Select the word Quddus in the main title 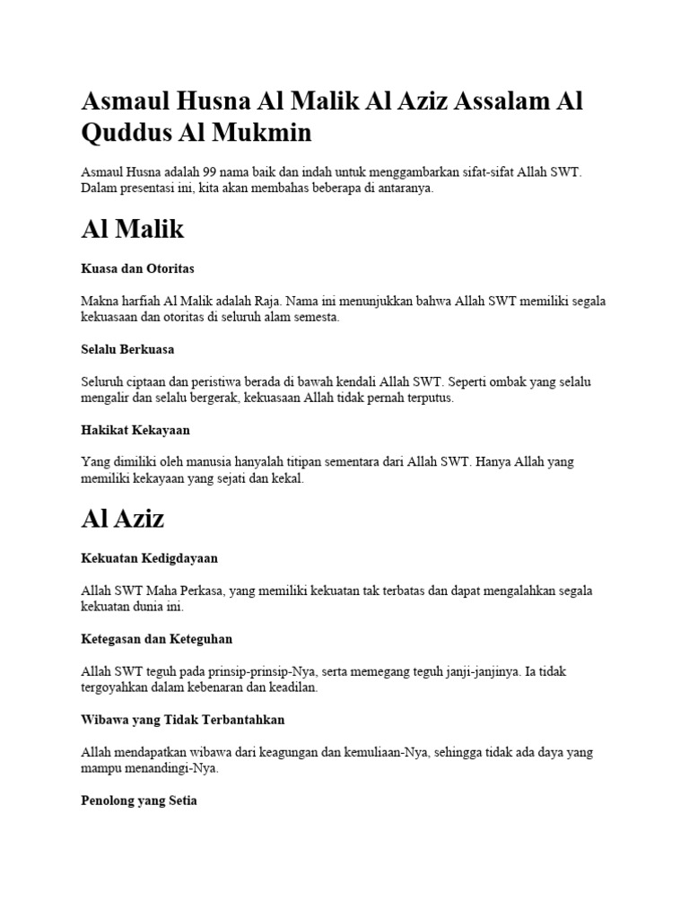coord(123,133)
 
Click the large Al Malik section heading coord(132,229)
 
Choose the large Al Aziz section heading coord(122,518)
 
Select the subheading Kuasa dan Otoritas coord(137,268)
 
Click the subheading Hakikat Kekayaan coord(135,430)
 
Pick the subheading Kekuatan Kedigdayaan coord(149,558)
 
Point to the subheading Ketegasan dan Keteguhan coord(156,639)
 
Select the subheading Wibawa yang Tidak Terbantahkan coord(182,720)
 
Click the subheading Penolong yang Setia coord(138,801)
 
